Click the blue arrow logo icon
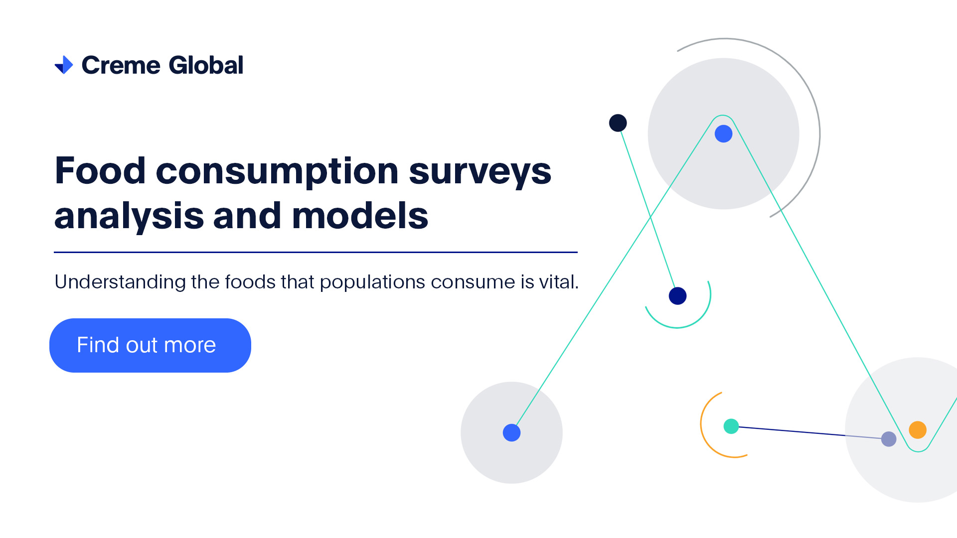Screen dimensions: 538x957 (x=64, y=65)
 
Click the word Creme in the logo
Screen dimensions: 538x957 (x=121, y=65)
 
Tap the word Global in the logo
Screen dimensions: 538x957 (x=206, y=65)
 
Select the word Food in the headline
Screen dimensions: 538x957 (x=100, y=171)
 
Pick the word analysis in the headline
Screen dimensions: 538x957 (x=129, y=217)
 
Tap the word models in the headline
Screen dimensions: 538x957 (x=360, y=216)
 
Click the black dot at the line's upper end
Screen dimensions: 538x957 (x=618, y=123)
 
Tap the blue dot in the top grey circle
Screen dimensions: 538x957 (x=723, y=134)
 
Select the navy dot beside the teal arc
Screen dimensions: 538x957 (x=677, y=296)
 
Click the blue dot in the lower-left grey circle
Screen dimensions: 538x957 (x=511, y=432)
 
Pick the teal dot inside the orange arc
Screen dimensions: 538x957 (x=731, y=426)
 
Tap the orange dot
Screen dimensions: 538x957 (x=918, y=429)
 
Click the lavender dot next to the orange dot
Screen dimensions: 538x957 (x=889, y=439)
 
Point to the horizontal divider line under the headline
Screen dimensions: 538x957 (x=316, y=252)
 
